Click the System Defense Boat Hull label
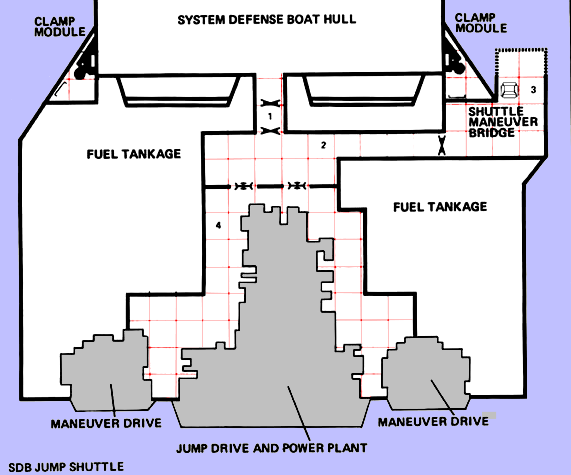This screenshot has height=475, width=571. coord(267,20)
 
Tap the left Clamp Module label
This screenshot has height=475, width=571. coord(59,27)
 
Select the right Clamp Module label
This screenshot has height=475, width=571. coord(481,23)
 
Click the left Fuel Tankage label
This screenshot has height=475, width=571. coord(134,154)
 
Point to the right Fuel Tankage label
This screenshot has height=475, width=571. coord(440,207)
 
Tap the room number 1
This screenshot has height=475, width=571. coord(270,117)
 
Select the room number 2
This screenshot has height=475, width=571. coord(323,145)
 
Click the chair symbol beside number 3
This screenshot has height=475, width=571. coord(510,90)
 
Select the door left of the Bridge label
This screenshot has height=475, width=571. coord(442,146)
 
